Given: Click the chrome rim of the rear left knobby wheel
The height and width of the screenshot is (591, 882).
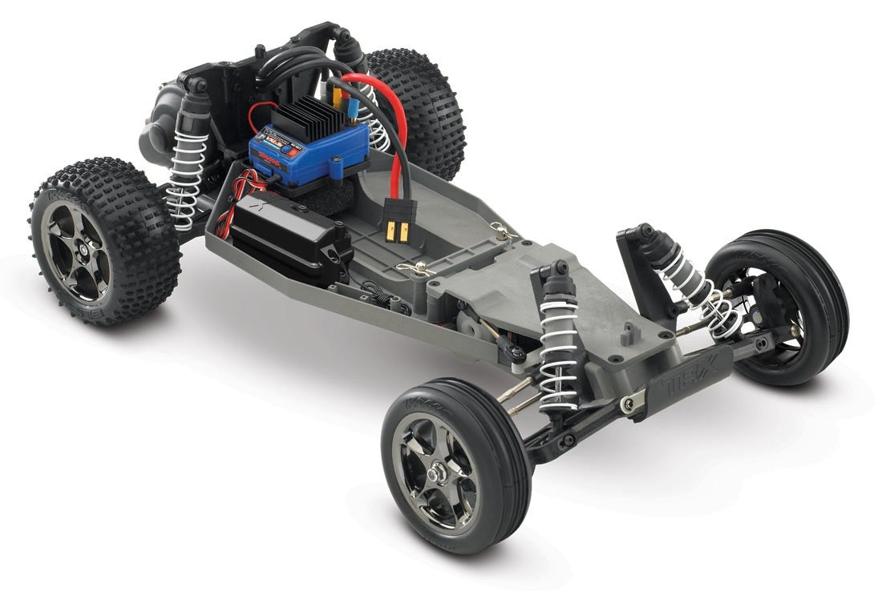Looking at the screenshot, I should pos(77,247).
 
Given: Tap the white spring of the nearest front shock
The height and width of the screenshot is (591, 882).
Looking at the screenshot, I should pos(558,352).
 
